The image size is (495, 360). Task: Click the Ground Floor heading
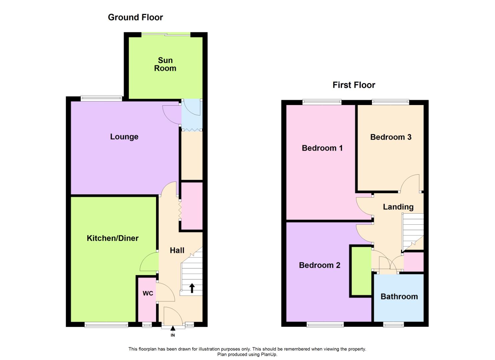pyautogui.click(x=135, y=17)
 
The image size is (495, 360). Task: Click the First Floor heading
pyautogui.click(x=354, y=85)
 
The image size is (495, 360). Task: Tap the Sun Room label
pyautogui.click(x=165, y=64)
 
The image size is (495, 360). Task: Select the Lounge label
pyautogui.click(x=124, y=137)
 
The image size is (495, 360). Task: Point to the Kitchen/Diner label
pyautogui.click(x=113, y=238)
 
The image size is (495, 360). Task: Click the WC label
pyautogui.click(x=148, y=293)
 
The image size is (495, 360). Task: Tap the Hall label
pyautogui.click(x=177, y=250)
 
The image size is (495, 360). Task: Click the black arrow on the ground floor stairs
pyautogui.click(x=192, y=288)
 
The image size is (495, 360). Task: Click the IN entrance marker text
pyautogui.click(x=173, y=335)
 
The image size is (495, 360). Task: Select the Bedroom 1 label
pyautogui.click(x=322, y=148)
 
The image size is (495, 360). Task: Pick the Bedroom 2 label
pyautogui.click(x=319, y=265)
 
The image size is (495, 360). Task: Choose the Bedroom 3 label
pyautogui.click(x=391, y=137)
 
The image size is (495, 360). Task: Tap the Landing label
pyautogui.click(x=398, y=207)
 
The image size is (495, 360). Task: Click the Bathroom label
pyautogui.click(x=399, y=297)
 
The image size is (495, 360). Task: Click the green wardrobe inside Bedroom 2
pyautogui.click(x=361, y=271)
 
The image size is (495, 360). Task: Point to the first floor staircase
pyautogui.click(x=413, y=232)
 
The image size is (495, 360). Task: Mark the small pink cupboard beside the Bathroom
pyautogui.click(x=414, y=262)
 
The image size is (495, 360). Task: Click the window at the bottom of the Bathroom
pyautogui.click(x=394, y=325)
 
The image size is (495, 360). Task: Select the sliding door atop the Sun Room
pyautogui.click(x=166, y=34)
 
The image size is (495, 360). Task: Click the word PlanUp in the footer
pyautogui.click(x=267, y=354)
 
